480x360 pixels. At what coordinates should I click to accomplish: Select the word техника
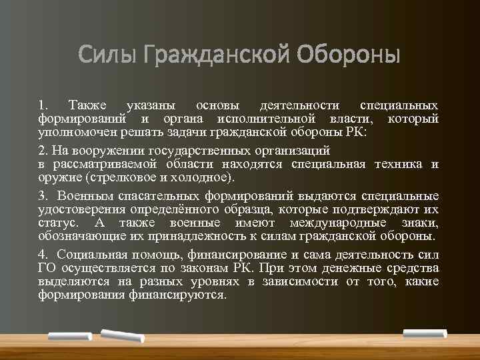tap(396, 164)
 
